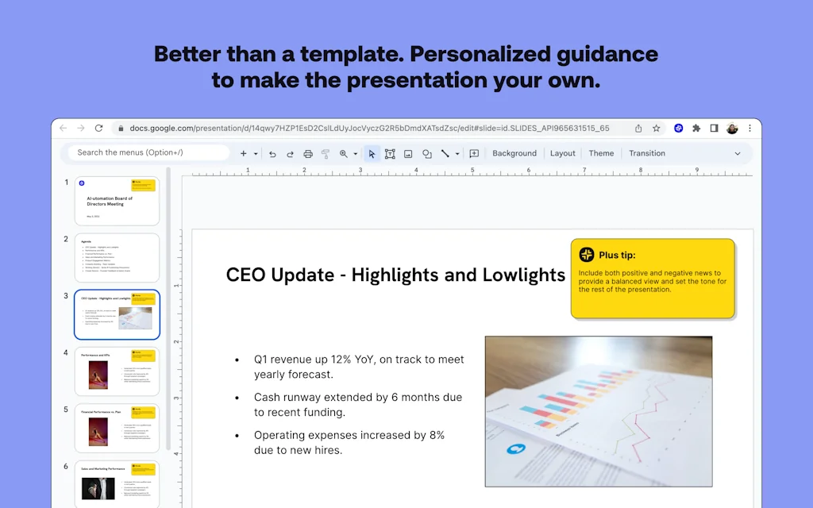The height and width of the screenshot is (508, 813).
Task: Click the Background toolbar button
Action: [514, 153]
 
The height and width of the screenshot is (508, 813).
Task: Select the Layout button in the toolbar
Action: [563, 153]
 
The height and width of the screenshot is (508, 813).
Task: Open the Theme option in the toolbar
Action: [601, 153]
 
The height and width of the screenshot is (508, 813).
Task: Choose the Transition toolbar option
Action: [647, 153]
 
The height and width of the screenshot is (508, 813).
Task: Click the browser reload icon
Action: [99, 128]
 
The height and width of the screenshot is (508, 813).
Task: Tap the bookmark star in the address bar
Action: [657, 128]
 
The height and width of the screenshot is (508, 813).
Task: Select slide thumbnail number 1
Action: [117, 201]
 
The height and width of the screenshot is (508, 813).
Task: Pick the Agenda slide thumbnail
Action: [117, 258]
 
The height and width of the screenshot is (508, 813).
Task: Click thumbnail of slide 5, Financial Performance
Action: [117, 429]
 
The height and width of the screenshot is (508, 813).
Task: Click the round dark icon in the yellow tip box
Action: [587, 255]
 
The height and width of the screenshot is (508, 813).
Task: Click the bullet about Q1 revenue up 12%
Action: [359, 366]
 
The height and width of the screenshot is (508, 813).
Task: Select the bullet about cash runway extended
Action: [357, 404]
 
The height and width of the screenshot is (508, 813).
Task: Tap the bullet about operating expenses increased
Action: [349, 442]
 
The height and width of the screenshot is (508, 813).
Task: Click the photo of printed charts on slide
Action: [598, 410]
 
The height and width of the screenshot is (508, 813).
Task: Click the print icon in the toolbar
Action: [308, 154]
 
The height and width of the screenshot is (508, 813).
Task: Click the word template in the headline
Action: [326, 54]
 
